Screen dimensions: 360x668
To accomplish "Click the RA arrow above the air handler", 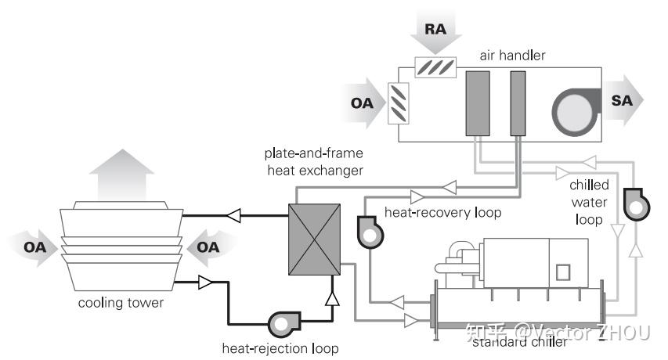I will click(x=435, y=31).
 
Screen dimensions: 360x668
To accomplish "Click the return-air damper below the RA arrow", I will click(x=436, y=67).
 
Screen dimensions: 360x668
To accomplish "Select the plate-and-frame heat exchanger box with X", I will click(x=314, y=239).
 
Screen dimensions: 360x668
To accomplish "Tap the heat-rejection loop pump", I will click(x=281, y=323).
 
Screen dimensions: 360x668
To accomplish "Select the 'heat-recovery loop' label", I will click(x=442, y=212).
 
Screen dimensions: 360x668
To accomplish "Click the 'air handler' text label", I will click(x=512, y=56).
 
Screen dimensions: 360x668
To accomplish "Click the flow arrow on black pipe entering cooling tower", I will click(x=233, y=213).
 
